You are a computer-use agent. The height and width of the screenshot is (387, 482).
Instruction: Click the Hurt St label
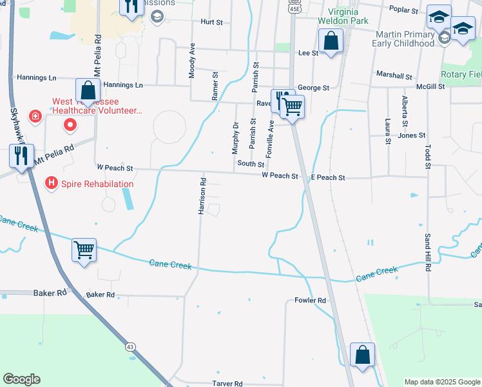point(211,22)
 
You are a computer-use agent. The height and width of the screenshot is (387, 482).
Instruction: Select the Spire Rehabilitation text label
point(97,184)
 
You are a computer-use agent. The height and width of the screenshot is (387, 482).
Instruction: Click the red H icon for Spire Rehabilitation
point(51,184)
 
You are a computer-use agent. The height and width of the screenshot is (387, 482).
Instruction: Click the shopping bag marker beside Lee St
point(331,42)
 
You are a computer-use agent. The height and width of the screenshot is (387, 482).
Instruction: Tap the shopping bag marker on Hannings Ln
point(88,90)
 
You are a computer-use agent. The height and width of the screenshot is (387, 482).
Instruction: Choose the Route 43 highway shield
point(130,346)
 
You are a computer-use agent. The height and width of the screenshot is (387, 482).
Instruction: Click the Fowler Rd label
point(311,301)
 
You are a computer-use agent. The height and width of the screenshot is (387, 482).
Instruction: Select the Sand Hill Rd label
point(427,253)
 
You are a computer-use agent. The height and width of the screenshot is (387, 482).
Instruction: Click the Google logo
point(21,379)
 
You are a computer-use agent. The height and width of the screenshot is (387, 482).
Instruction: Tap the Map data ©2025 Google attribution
point(442,382)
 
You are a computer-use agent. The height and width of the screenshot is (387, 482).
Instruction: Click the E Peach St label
point(328,177)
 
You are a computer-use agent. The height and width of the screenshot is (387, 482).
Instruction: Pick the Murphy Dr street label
point(235,139)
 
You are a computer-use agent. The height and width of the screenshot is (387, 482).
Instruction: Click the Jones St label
point(412,135)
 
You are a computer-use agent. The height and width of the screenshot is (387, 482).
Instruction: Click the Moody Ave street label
point(192,61)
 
